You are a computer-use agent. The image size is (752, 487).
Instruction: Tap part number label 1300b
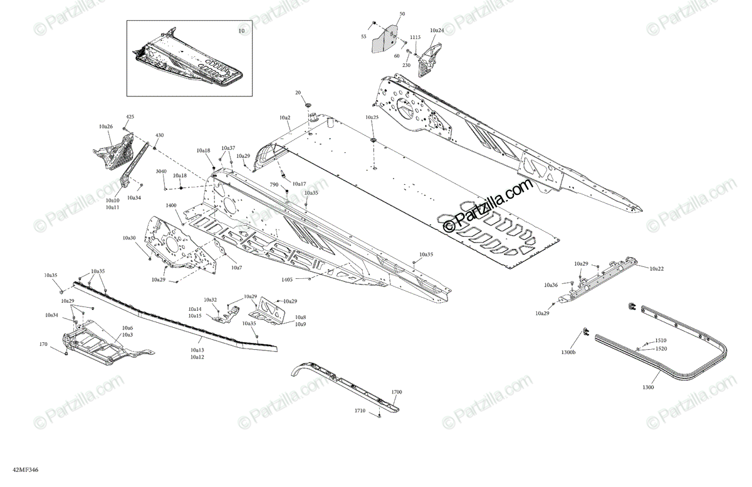pyautogui.click(x=568, y=353)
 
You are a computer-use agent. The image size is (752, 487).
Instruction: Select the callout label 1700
pyautogui.click(x=396, y=392)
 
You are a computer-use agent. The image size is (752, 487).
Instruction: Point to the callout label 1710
pyautogui.click(x=360, y=410)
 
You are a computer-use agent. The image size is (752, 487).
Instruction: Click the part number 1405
pyautogui.click(x=287, y=279)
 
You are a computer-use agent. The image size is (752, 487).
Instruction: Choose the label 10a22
pyautogui.click(x=657, y=268)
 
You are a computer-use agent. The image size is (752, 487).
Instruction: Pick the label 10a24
pyautogui.click(x=437, y=30)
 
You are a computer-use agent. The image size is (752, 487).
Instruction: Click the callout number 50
pyautogui.click(x=402, y=14)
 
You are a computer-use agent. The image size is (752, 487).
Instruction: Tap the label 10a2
pyautogui.click(x=285, y=118)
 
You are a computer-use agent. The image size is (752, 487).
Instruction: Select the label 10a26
pyautogui.click(x=105, y=127)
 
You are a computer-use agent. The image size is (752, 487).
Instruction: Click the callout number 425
pyautogui.click(x=130, y=117)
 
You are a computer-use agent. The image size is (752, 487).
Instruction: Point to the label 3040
pyautogui.click(x=161, y=171)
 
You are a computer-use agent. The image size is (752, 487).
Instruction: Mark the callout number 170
pyautogui.click(x=43, y=344)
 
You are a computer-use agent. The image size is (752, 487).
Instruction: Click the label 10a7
pyautogui.click(x=236, y=268)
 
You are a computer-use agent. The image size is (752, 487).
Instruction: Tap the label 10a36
pyautogui.click(x=551, y=285)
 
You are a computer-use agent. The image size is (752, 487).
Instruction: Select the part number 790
pyautogui.click(x=274, y=185)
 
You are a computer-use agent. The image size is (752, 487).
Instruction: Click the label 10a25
pyautogui.click(x=372, y=117)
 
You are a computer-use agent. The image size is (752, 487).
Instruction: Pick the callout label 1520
pyautogui.click(x=661, y=348)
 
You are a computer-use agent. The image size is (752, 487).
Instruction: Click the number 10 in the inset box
pyautogui.click(x=241, y=30)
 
